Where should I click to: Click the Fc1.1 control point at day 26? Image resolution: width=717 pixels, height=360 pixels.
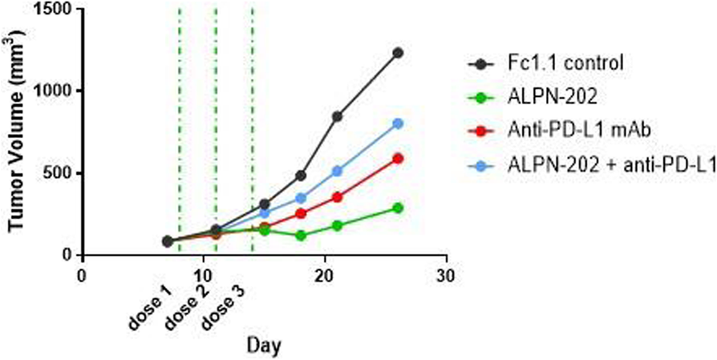pyautogui.click(x=398, y=53)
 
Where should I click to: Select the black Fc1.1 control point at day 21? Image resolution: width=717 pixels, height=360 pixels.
pyautogui.click(x=337, y=116)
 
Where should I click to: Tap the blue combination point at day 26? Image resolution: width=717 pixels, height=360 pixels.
pyautogui.click(x=398, y=123)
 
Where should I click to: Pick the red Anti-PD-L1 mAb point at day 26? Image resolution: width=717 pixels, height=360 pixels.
pyautogui.click(x=398, y=158)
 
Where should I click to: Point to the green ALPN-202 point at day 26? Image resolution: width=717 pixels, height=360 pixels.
pyautogui.click(x=398, y=208)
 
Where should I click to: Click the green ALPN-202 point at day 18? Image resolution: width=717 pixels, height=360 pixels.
pyautogui.click(x=301, y=236)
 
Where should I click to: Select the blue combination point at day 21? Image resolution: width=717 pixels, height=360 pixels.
pyautogui.click(x=337, y=171)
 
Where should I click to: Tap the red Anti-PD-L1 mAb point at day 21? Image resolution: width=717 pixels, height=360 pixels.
pyautogui.click(x=337, y=196)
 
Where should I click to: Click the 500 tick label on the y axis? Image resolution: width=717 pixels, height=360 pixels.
pyautogui.click(x=57, y=173)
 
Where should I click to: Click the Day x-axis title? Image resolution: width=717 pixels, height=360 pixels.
pyautogui.click(x=264, y=344)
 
